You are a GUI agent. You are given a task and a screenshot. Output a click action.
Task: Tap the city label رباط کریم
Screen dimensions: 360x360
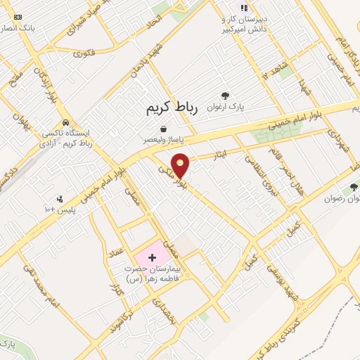(x=173, y=108)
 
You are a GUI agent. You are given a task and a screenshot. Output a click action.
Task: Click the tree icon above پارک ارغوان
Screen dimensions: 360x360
(x=225, y=96)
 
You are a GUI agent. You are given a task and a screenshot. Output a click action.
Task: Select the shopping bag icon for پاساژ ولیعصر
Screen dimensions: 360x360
(x=164, y=129)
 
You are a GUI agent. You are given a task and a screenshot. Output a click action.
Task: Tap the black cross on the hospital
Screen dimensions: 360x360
(x=152, y=258)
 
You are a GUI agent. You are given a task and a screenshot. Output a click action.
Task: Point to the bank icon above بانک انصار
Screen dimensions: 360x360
(x=18, y=17)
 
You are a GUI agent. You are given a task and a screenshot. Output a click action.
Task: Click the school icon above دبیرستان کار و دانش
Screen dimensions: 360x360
(x=243, y=8)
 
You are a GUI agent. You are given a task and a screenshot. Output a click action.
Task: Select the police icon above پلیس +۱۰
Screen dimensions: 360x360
(x=60, y=200)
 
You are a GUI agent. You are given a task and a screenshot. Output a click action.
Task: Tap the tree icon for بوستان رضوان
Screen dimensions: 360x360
(x=353, y=187)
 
